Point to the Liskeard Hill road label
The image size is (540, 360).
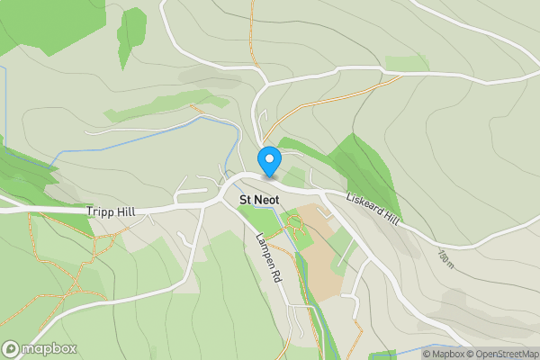coord(371,208)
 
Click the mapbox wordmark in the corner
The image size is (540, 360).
coord(49,349)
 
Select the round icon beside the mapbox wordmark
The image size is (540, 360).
coord(12,349)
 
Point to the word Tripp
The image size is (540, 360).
coord(101,211)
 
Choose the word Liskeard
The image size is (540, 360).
coord(363,204)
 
